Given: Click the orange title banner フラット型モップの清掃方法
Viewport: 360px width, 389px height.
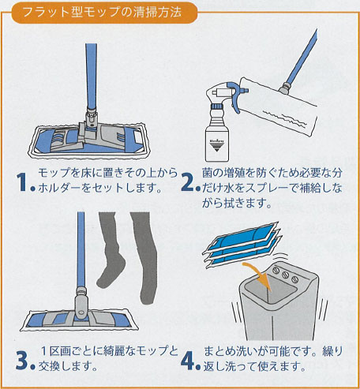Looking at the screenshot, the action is click(x=104, y=13).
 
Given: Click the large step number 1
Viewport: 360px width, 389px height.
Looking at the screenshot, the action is click(x=22, y=182).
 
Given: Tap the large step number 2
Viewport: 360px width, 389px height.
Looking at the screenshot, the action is click(x=188, y=182).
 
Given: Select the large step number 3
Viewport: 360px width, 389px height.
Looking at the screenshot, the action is click(x=22, y=361).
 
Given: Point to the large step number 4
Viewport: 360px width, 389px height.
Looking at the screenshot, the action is click(x=188, y=361).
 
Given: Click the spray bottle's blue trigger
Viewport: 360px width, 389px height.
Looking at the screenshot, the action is click(x=235, y=96).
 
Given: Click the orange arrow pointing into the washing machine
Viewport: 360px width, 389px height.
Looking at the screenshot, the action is click(x=259, y=275).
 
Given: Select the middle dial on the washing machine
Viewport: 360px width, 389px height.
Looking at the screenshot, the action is click(x=285, y=275).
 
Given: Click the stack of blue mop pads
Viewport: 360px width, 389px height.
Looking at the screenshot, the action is click(x=242, y=245).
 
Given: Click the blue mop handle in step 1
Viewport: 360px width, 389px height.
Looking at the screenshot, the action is click(x=92, y=77).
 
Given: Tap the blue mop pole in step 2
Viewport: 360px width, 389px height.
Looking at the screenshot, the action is click(x=302, y=57).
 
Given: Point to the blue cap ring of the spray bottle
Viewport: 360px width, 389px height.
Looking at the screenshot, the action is click(x=217, y=107).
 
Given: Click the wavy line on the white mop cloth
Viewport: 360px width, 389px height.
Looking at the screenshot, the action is click(x=285, y=118).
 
